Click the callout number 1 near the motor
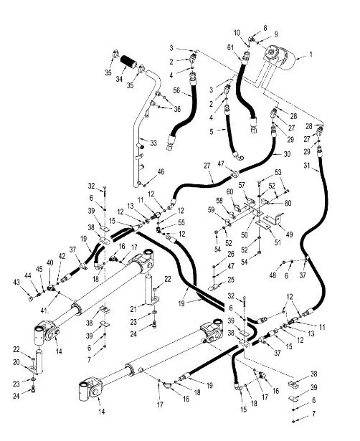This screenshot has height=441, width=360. point(310,54)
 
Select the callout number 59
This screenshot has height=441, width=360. point(212,209)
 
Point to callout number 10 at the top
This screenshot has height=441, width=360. point(237,33)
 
